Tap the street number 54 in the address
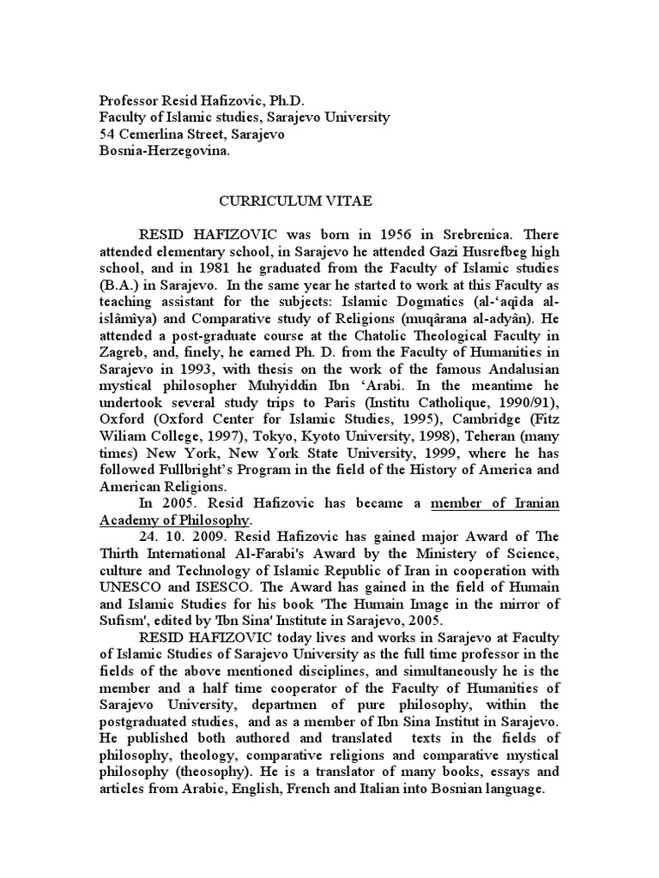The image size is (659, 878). pos(108,134)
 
